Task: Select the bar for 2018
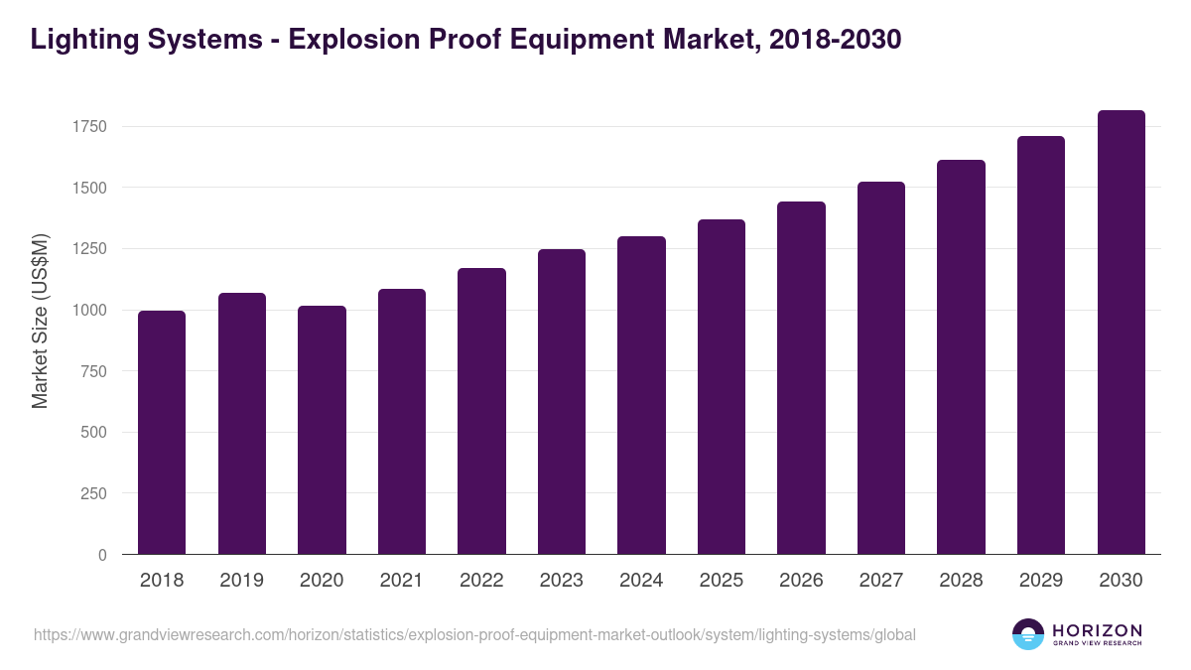(162, 433)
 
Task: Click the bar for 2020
(322, 430)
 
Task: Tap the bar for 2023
(561, 402)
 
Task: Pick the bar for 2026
(801, 378)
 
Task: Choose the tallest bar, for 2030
(1121, 333)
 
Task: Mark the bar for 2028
(961, 357)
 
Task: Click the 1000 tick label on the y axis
(88, 310)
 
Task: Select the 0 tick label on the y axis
(101, 555)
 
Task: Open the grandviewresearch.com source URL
(474, 634)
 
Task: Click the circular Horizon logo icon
(1028, 634)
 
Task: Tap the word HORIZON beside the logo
(1097, 629)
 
